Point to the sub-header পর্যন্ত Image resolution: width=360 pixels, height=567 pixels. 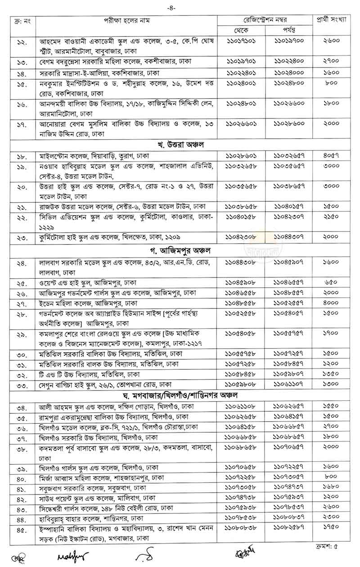click(288, 30)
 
